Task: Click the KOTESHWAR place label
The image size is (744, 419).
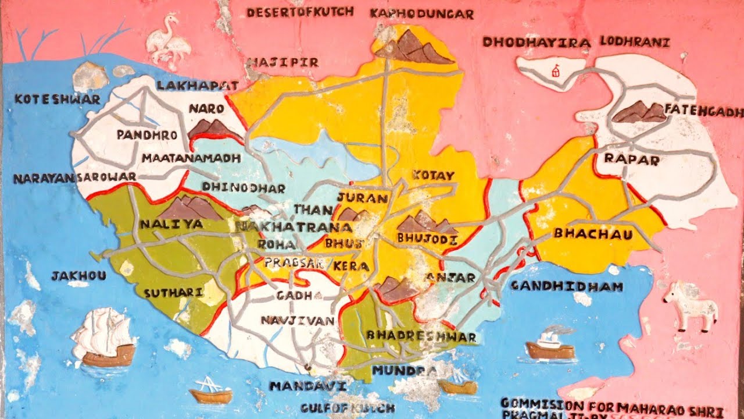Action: click(57, 99)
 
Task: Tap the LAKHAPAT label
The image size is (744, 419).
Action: click(198, 86)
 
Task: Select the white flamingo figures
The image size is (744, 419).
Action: click(168, 42)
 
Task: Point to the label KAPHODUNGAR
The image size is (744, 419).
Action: click(421, 13)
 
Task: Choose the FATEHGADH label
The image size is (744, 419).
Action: click(703, 111)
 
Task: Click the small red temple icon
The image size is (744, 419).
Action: click(556, 70)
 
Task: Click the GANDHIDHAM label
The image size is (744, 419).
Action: click(566, 286)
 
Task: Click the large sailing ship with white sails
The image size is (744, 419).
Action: click(105, 338)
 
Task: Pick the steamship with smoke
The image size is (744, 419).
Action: click(550, 343)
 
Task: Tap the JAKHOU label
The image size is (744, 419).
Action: click(78, 276)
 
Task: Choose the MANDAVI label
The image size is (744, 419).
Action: click(308, 386)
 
